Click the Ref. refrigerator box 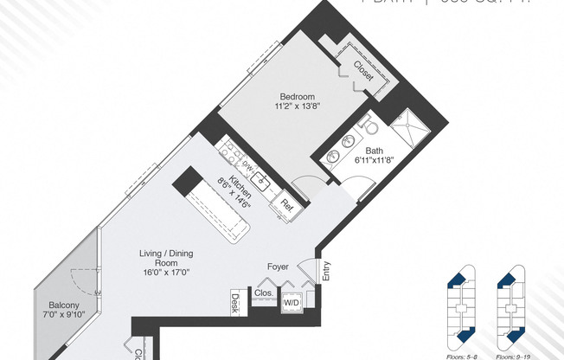285,205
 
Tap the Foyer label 277,267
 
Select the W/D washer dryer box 291,303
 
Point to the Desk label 234,302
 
